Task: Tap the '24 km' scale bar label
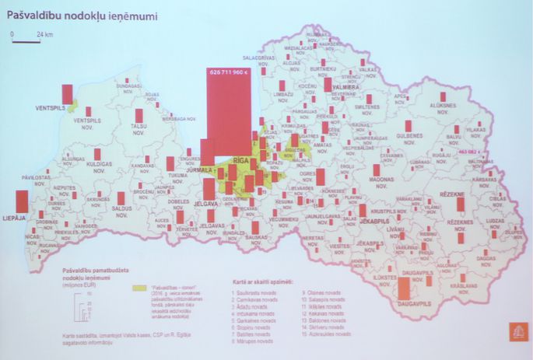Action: [x=44, y=35]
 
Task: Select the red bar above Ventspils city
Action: [x=67, y=93]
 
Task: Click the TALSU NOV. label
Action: [x=139, y=129]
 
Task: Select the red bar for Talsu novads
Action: [x=139, y=115]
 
